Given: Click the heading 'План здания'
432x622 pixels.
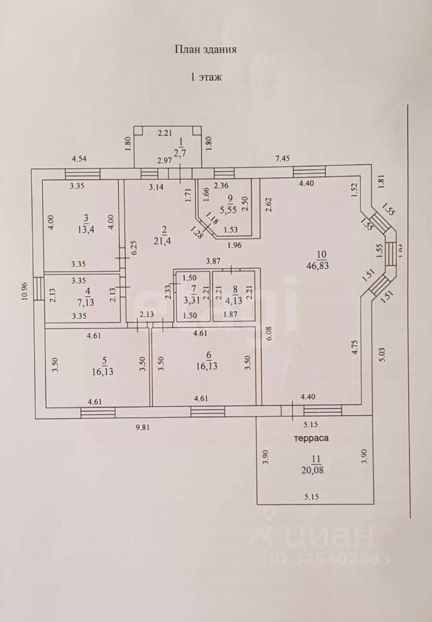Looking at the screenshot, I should click(x=206, y=49).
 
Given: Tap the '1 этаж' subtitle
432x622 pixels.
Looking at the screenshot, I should click(x=206, y=76).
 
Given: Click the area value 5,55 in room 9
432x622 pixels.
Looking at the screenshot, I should click(x=226, y=210).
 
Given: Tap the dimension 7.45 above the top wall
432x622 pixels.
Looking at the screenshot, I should click(x=283, y=157).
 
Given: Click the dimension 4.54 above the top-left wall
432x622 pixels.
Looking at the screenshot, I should click(x=79, y=157).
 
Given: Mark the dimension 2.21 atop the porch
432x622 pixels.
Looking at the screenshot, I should click(x=165, y=133).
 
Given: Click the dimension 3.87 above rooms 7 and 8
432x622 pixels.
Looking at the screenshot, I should click(x=213, y=260).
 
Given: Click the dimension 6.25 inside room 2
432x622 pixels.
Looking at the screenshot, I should click(x=132, y=249).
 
